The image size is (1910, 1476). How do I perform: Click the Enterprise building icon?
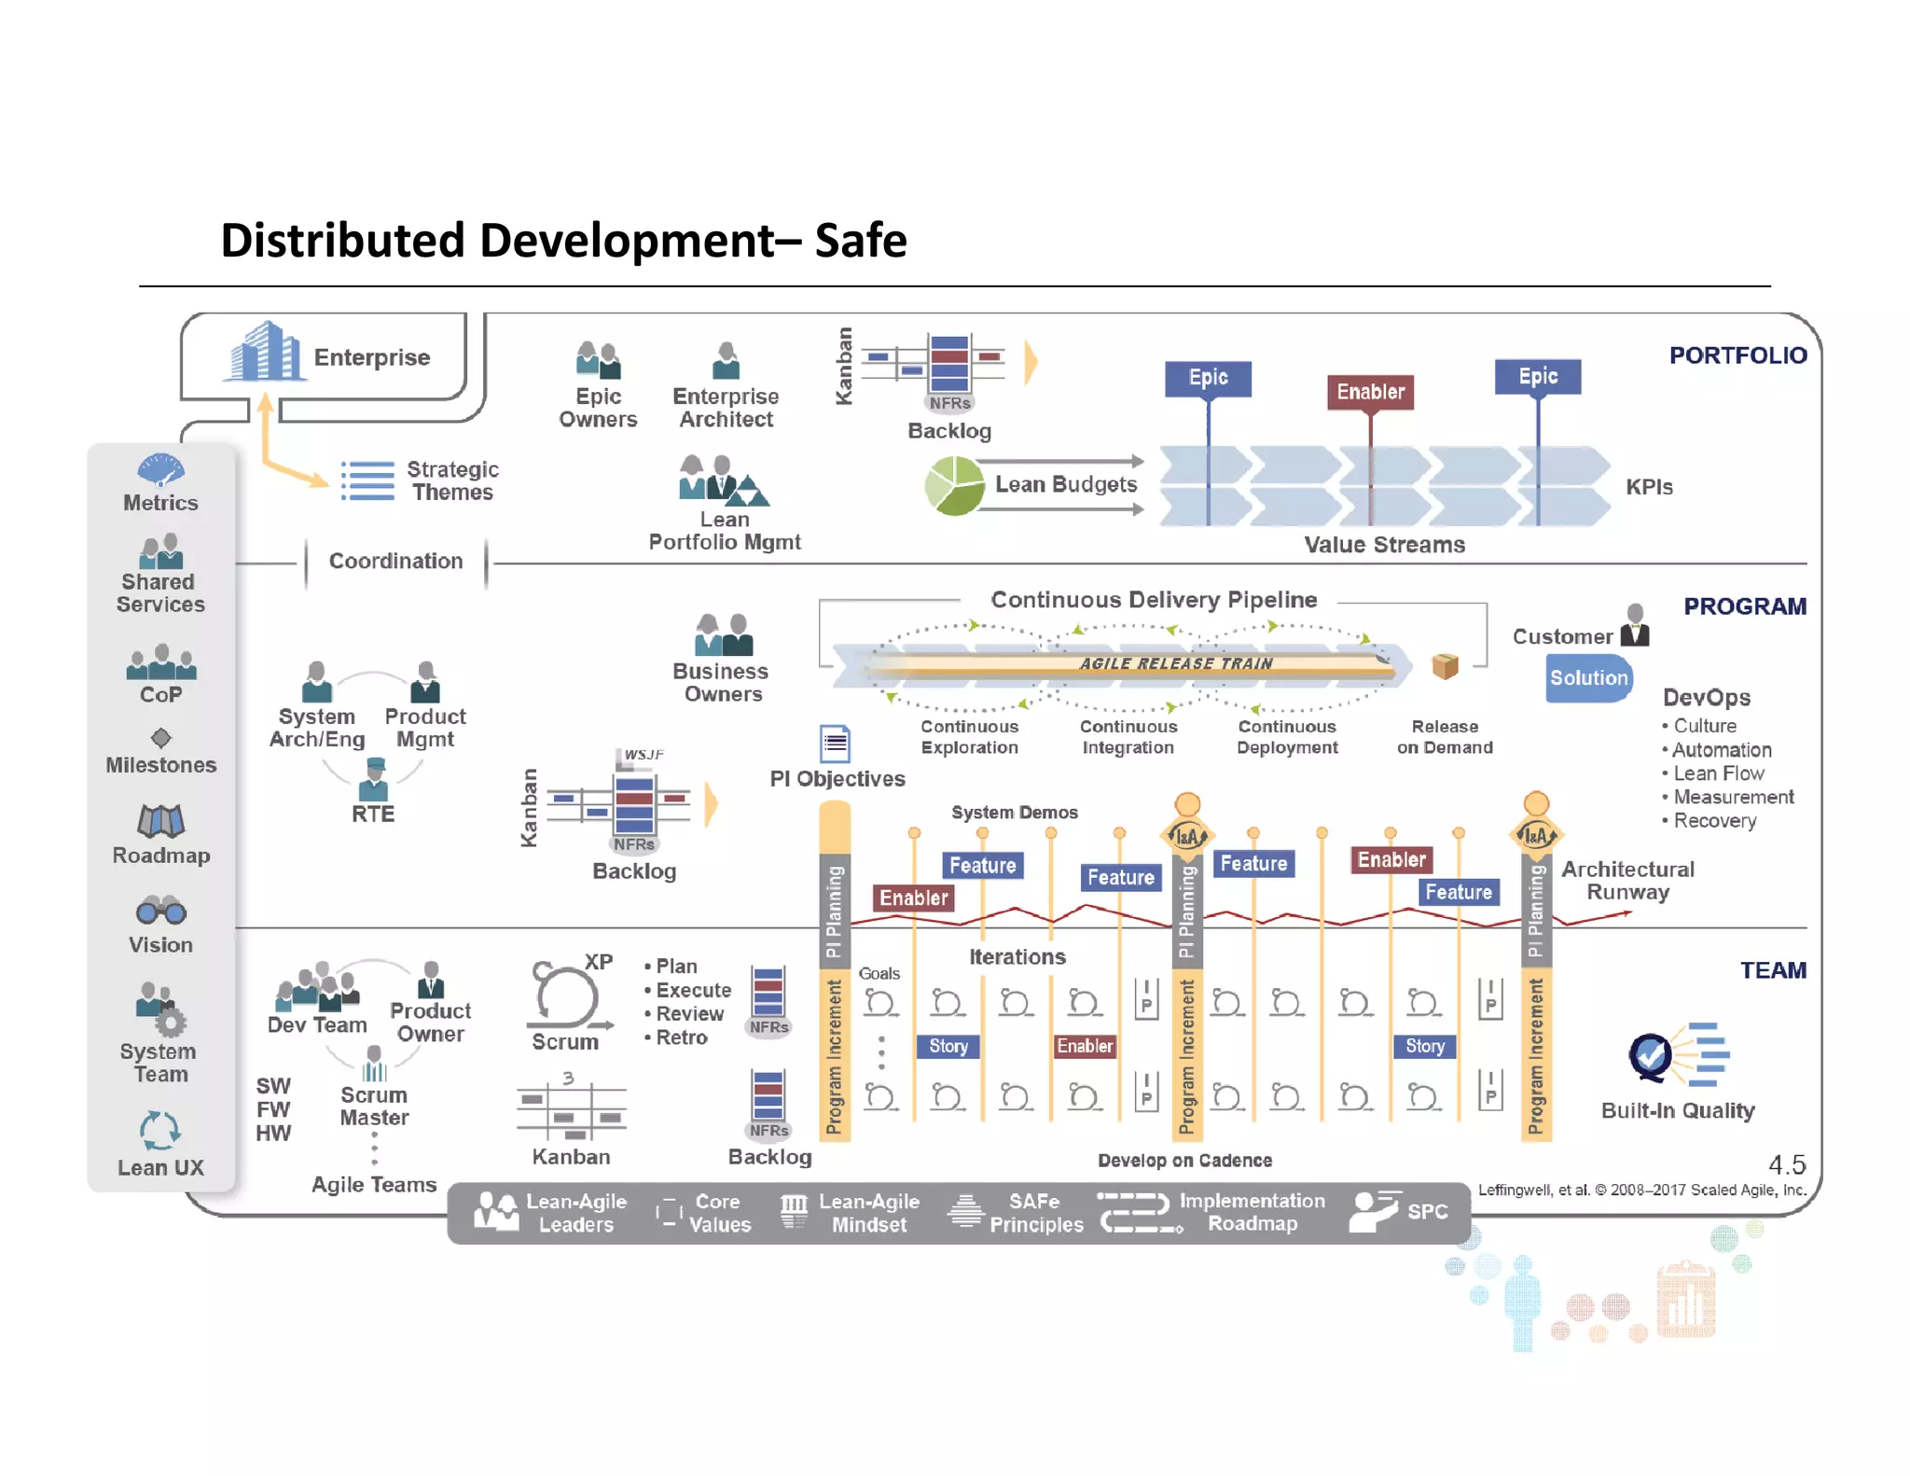pyautogui.click(x=265, y=352)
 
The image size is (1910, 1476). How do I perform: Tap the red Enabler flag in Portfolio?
pyautogui.click(x=1370, y=392)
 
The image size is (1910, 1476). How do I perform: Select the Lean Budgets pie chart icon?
pyautogui.click(x=954, y=486)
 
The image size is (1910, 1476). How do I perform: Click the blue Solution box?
pyautogui.click(x=1588, y=678)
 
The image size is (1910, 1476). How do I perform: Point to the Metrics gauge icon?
pyautogui.click(x=160, y=469)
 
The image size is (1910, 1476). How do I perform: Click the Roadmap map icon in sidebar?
pyautogui.click(x=160, y=822)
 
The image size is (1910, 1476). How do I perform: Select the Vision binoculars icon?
pyautogui.click(x=160, y=911)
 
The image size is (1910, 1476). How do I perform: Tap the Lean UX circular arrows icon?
pyautogui.click(x=159, y=1131)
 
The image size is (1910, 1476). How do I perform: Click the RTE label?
pyautogui.click(x=373, y=815)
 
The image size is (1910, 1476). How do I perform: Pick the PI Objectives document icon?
pyautogui.click(x=835, y=744)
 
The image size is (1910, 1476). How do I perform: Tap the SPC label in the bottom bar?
pyautogui.click(x=1427, y=1212)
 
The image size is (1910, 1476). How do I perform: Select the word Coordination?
pyautogui.click(x=395, y=561)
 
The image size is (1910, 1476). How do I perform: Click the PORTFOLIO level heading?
pyautogui.click(x=1737, y=355)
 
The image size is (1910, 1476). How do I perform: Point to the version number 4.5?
pyautogui.click(x=1786, y=1164)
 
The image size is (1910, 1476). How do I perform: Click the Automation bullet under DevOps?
pyautogui.click(x=1721, y=750)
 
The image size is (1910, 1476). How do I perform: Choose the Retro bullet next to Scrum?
pyautogui.click(x=681, y=1037)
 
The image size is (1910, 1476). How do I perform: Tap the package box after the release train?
pyautogui.click(x=1445, y=665)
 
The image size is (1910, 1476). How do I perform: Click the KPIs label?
pyautogui.click(x=1648, y=487)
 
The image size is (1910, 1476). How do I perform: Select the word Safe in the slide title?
pyautogui.click(x=860, y=241)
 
